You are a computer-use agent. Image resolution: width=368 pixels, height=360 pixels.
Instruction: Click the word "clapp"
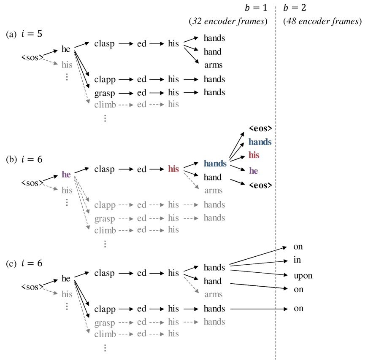pos(105,205)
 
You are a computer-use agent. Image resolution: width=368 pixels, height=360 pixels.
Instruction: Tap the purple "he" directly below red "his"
pos(253,171)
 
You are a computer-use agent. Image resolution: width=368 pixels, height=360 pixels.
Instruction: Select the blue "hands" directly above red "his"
pos(260,142)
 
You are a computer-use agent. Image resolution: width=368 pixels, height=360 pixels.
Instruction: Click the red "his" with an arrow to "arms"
pos(173,169)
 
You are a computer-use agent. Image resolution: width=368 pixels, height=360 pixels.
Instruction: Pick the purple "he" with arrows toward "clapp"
pos(66,174)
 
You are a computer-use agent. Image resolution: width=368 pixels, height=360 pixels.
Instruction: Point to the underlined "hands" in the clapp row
pos(214,204)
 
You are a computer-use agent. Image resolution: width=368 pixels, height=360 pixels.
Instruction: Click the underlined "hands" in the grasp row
pos(214,218)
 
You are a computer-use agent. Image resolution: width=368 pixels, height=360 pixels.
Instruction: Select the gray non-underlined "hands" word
pos(214,322)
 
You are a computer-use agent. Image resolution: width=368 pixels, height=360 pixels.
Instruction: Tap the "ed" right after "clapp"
pos(142,205)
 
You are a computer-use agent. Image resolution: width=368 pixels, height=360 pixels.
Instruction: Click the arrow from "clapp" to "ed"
pos(126,205)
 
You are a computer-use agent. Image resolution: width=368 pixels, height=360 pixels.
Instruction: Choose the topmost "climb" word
pos(105,105)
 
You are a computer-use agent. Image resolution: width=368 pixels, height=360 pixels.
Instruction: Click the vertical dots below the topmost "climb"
pos(105,118)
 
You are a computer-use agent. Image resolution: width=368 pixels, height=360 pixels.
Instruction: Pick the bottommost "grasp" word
pos(105,323)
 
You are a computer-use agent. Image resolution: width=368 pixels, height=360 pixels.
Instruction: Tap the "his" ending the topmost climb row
pos(173,104)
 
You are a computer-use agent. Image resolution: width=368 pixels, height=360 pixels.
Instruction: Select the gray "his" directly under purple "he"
pos(67,190)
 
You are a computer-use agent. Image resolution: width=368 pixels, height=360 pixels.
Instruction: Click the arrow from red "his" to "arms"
pos(191,180)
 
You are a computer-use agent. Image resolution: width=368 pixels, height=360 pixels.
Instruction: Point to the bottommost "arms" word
pos(213,294)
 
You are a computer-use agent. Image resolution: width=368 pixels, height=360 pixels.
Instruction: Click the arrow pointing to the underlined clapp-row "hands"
pos(191,205)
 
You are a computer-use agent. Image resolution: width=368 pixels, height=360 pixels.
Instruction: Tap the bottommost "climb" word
pos(105,334)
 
